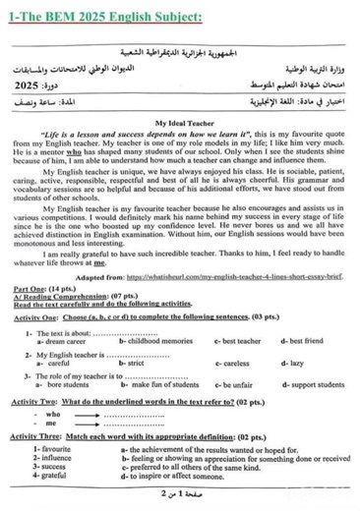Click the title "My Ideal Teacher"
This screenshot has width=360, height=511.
click(179, 122)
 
